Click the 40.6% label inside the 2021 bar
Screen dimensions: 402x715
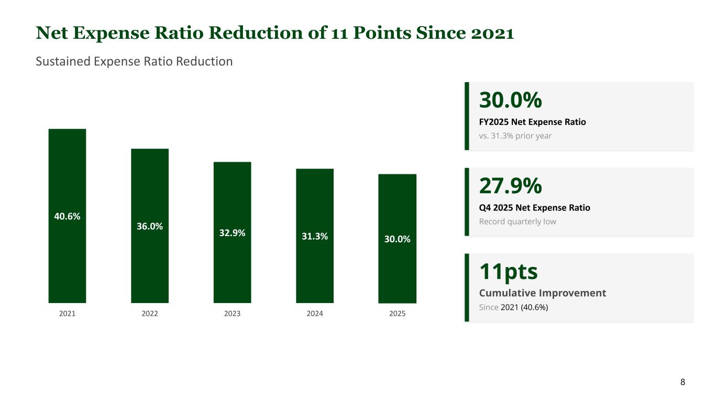pos(67,216)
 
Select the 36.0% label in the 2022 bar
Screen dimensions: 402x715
pos(150,226)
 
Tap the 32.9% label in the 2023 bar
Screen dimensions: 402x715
pos(232,233)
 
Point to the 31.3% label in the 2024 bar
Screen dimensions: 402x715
pos(315,237)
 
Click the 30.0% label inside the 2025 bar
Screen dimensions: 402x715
pos(397,239)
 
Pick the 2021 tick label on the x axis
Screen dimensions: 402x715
pos(67,314)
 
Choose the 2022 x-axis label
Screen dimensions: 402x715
pos(150,314)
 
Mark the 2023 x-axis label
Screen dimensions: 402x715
pos(232,314)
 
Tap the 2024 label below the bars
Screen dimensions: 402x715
pos(315,314)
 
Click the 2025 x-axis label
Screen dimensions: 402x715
pos(397,314)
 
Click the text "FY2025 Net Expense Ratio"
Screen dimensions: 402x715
pos(533,122)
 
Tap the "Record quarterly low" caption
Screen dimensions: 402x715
pos(518,221)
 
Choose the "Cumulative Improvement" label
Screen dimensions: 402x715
pos(543,293)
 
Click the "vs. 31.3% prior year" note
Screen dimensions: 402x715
pos(515,136)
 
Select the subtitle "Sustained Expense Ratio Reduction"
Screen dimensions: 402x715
pos(134,61)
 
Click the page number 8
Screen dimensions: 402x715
pos(683,382)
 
